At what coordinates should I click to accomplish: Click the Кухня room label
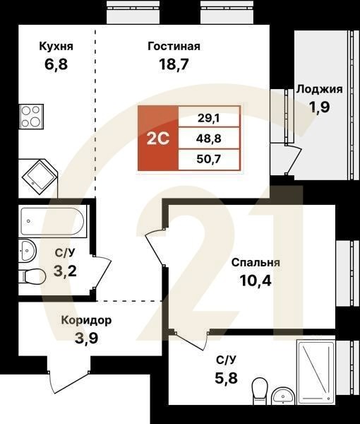coord(56,47)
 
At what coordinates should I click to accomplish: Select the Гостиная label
coord(174,47)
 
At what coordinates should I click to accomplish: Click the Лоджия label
coord(319,89)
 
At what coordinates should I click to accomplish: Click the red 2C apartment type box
coord(157,138)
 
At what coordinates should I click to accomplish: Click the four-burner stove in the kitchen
coord(31,117)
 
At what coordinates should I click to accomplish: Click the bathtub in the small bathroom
coord(52,222)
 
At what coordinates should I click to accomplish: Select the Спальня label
coord(256,262)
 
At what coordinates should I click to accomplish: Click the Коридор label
coord(85,320)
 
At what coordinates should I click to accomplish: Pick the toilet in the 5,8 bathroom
coord(260,389)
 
